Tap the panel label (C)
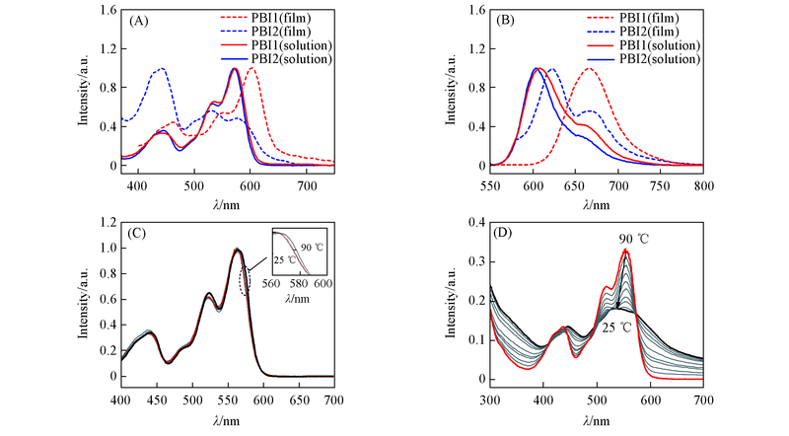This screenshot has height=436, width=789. (x=138, y=236)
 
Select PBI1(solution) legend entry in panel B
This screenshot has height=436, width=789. (x=663, y=45)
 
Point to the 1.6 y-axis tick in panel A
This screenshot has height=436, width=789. (x=105, y=11)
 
